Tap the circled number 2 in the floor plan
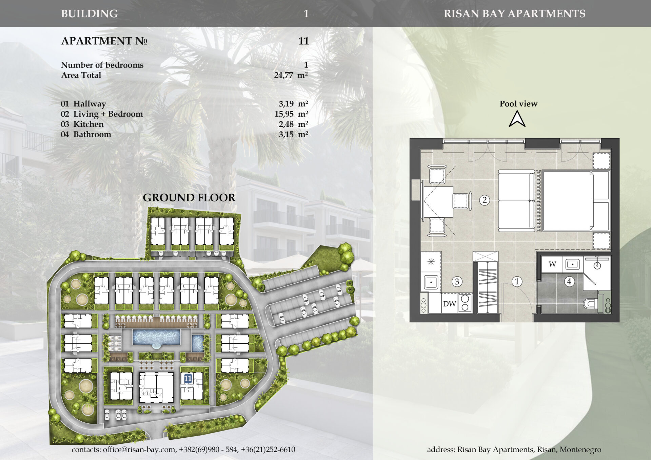click(485, 200)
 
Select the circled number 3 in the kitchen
click(457, 281)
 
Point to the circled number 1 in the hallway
click(517, 281)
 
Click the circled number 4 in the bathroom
click(569, 281)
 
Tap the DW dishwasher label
click(450, 304)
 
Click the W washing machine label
click(552, 264)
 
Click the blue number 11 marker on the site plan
click(188, 378)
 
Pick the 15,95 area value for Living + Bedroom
click(284, 114)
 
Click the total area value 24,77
click(283, 75)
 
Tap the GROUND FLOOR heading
click(189, 198)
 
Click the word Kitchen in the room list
click(88, 124)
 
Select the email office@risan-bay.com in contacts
click(139, 449)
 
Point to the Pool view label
click(518, 104)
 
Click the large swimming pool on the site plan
click(156, 337)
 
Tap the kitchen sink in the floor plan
click(431, 282)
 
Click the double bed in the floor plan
click(575, 201)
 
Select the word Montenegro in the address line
click(580, 449)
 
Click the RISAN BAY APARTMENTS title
click(514, 14)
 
